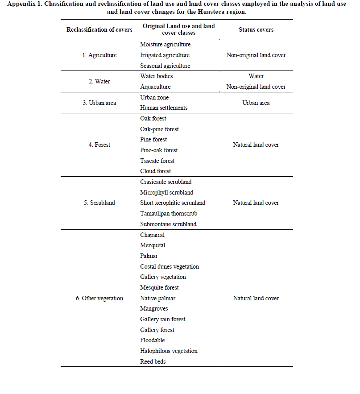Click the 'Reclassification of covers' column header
[x=99, y=29]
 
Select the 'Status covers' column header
[x=256, y=29]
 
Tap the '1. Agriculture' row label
[x=99, y=55]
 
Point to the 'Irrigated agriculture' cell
[x=165, y=55]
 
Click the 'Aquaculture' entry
[x=155, y=87]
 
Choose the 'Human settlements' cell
[x=164, y=108]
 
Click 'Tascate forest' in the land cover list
[x=157, y=161]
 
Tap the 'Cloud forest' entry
[x=155, y=171]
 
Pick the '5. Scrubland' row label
[x=99, y=203]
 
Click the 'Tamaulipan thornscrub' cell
[x=169, y=214]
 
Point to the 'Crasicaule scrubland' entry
[x=166, y=182]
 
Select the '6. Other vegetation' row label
[x=99, y=299]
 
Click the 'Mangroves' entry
[x=154, y=309]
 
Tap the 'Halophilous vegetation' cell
[x=169, y=351]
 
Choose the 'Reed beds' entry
[x=153, y=362]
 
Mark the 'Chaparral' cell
[x=152, y=235]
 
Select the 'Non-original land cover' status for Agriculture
[x=256, y=55]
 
